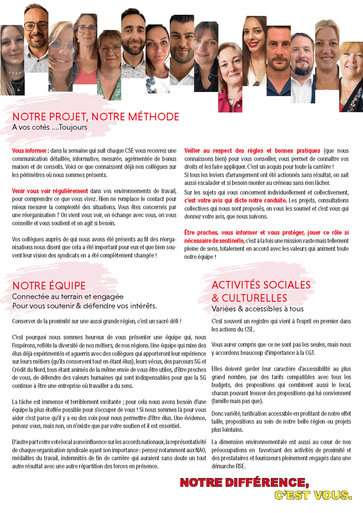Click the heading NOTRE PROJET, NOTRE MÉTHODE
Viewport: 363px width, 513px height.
pos(96,117)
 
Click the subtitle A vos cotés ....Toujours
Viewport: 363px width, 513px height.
pos(50,127)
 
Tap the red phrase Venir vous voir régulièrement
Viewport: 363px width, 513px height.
pos(50,191)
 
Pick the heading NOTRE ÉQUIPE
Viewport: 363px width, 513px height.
pos(49,286)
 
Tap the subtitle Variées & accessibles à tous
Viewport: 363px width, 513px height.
pos(258,309)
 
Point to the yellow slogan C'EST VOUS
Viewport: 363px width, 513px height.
pos(313,495)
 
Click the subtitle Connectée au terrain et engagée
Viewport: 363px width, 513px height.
pos(68,297)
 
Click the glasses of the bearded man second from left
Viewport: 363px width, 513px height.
pos(36,26)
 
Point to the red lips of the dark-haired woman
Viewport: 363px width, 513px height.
pos(253,44)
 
